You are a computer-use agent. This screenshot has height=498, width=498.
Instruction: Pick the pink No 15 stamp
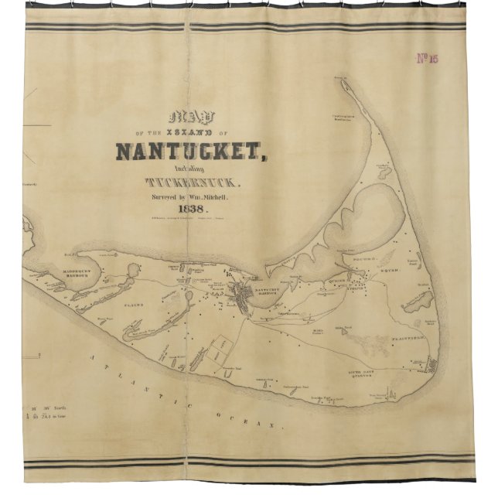click(x=427, y=59)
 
